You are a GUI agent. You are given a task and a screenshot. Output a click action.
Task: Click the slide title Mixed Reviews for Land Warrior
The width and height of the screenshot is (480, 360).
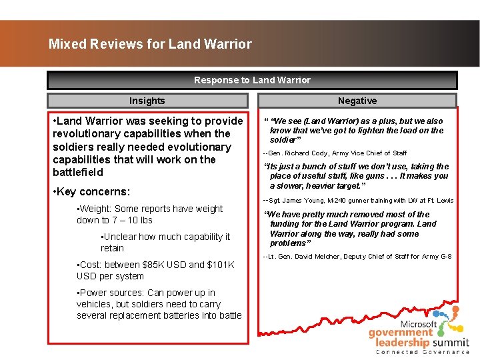(x=150, y=45)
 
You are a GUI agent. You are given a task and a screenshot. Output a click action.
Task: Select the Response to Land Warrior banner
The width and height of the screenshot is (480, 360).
(x=252, y=80)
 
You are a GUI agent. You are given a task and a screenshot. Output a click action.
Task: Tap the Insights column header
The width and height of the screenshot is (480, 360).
(x=147, y=101)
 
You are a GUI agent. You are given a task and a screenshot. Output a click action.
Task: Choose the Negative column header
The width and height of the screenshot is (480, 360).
(x=357, y=101)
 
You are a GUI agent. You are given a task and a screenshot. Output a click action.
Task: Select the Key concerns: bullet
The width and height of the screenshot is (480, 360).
(x=93, y=192)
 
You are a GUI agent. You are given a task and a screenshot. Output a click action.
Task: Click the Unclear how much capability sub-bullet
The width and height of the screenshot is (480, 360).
(x=165, y=237)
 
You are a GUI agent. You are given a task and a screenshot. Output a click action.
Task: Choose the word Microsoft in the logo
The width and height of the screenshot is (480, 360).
(x=419, y=324)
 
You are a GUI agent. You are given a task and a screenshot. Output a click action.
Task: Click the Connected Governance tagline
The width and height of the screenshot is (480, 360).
(x=423, y=351)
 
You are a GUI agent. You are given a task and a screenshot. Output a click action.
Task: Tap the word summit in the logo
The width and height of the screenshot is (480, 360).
(x=451, y=341)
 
